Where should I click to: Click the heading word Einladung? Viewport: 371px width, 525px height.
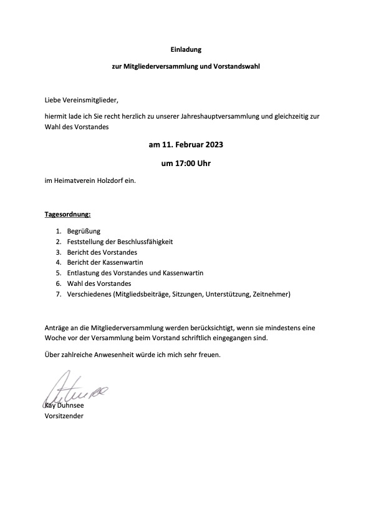tap(185, 48)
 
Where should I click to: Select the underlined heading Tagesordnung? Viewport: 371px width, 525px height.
tap(68, 215)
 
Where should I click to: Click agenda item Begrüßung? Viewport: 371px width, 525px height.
tap(84, 232)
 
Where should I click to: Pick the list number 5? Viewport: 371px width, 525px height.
tap(57, 273)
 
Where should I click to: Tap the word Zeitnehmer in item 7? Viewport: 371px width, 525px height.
tap(271, 294)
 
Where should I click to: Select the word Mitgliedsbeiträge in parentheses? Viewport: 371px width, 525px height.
tap(140, 294)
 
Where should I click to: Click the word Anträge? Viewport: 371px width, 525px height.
tap(57, 328)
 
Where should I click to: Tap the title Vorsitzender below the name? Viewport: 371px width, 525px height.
tap(64, 415)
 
